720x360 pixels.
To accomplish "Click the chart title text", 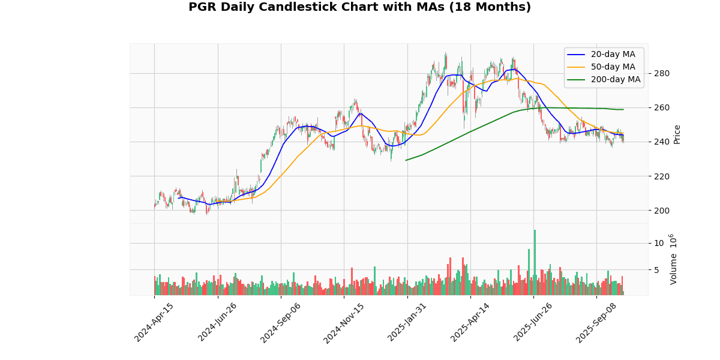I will [359, 7].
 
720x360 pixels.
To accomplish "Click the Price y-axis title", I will [677, 134].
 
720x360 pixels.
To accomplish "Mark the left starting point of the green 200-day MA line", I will [406, 160].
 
